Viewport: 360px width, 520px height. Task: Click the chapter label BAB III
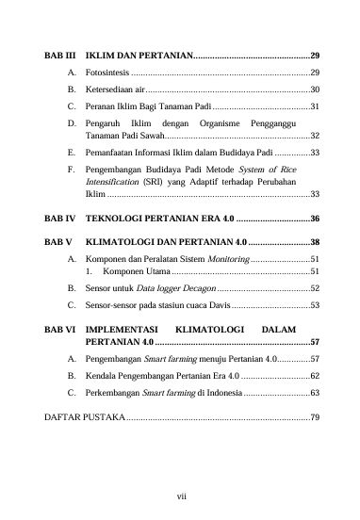click(59, 56)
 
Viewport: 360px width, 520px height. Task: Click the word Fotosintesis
click(106, 73)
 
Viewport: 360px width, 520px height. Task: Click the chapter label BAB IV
click(58, 218)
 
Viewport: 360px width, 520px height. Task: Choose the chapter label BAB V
click(57, 242)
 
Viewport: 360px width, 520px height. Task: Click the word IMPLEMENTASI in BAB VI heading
click(124, 330)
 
